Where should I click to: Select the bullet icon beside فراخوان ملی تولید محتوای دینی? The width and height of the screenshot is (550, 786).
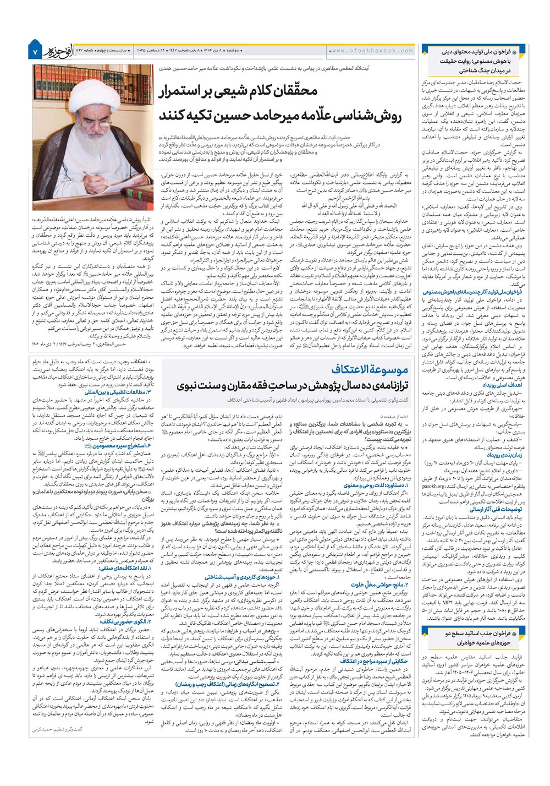514,51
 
